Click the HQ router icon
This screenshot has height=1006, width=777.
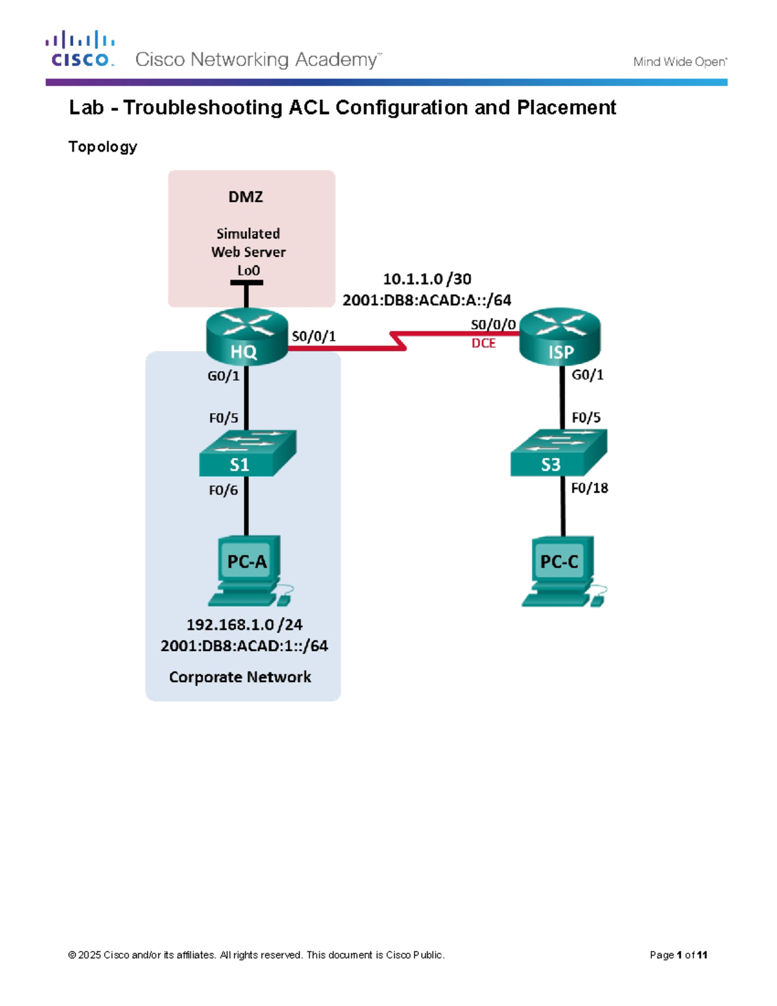click(247, 336)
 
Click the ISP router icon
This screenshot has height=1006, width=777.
click(560, 336)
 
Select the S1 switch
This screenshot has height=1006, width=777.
click(247, 454)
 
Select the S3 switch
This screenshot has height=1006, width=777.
click(559, 454)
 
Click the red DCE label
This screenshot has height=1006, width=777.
click(483, 343)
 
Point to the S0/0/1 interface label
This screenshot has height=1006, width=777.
click(313, 336)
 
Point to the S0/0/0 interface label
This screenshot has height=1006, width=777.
click(493, 325)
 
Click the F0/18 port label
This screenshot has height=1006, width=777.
click(589, 488)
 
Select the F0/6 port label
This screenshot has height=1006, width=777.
click(223, 490)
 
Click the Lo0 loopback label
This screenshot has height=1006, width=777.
click(248, 271)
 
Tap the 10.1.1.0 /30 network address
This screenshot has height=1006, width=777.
click(427, 279)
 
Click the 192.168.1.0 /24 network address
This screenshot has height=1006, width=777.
click(244, 624)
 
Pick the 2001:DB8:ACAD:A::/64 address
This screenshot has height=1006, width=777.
click(427, 300)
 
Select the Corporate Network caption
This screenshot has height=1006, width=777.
click(240, 677)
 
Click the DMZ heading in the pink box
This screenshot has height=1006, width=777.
click(245, 197)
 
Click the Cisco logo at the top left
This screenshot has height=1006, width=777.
click(80, 49)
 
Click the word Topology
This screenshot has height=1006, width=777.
click(102, 147)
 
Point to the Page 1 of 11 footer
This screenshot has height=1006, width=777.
click(678, 955)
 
